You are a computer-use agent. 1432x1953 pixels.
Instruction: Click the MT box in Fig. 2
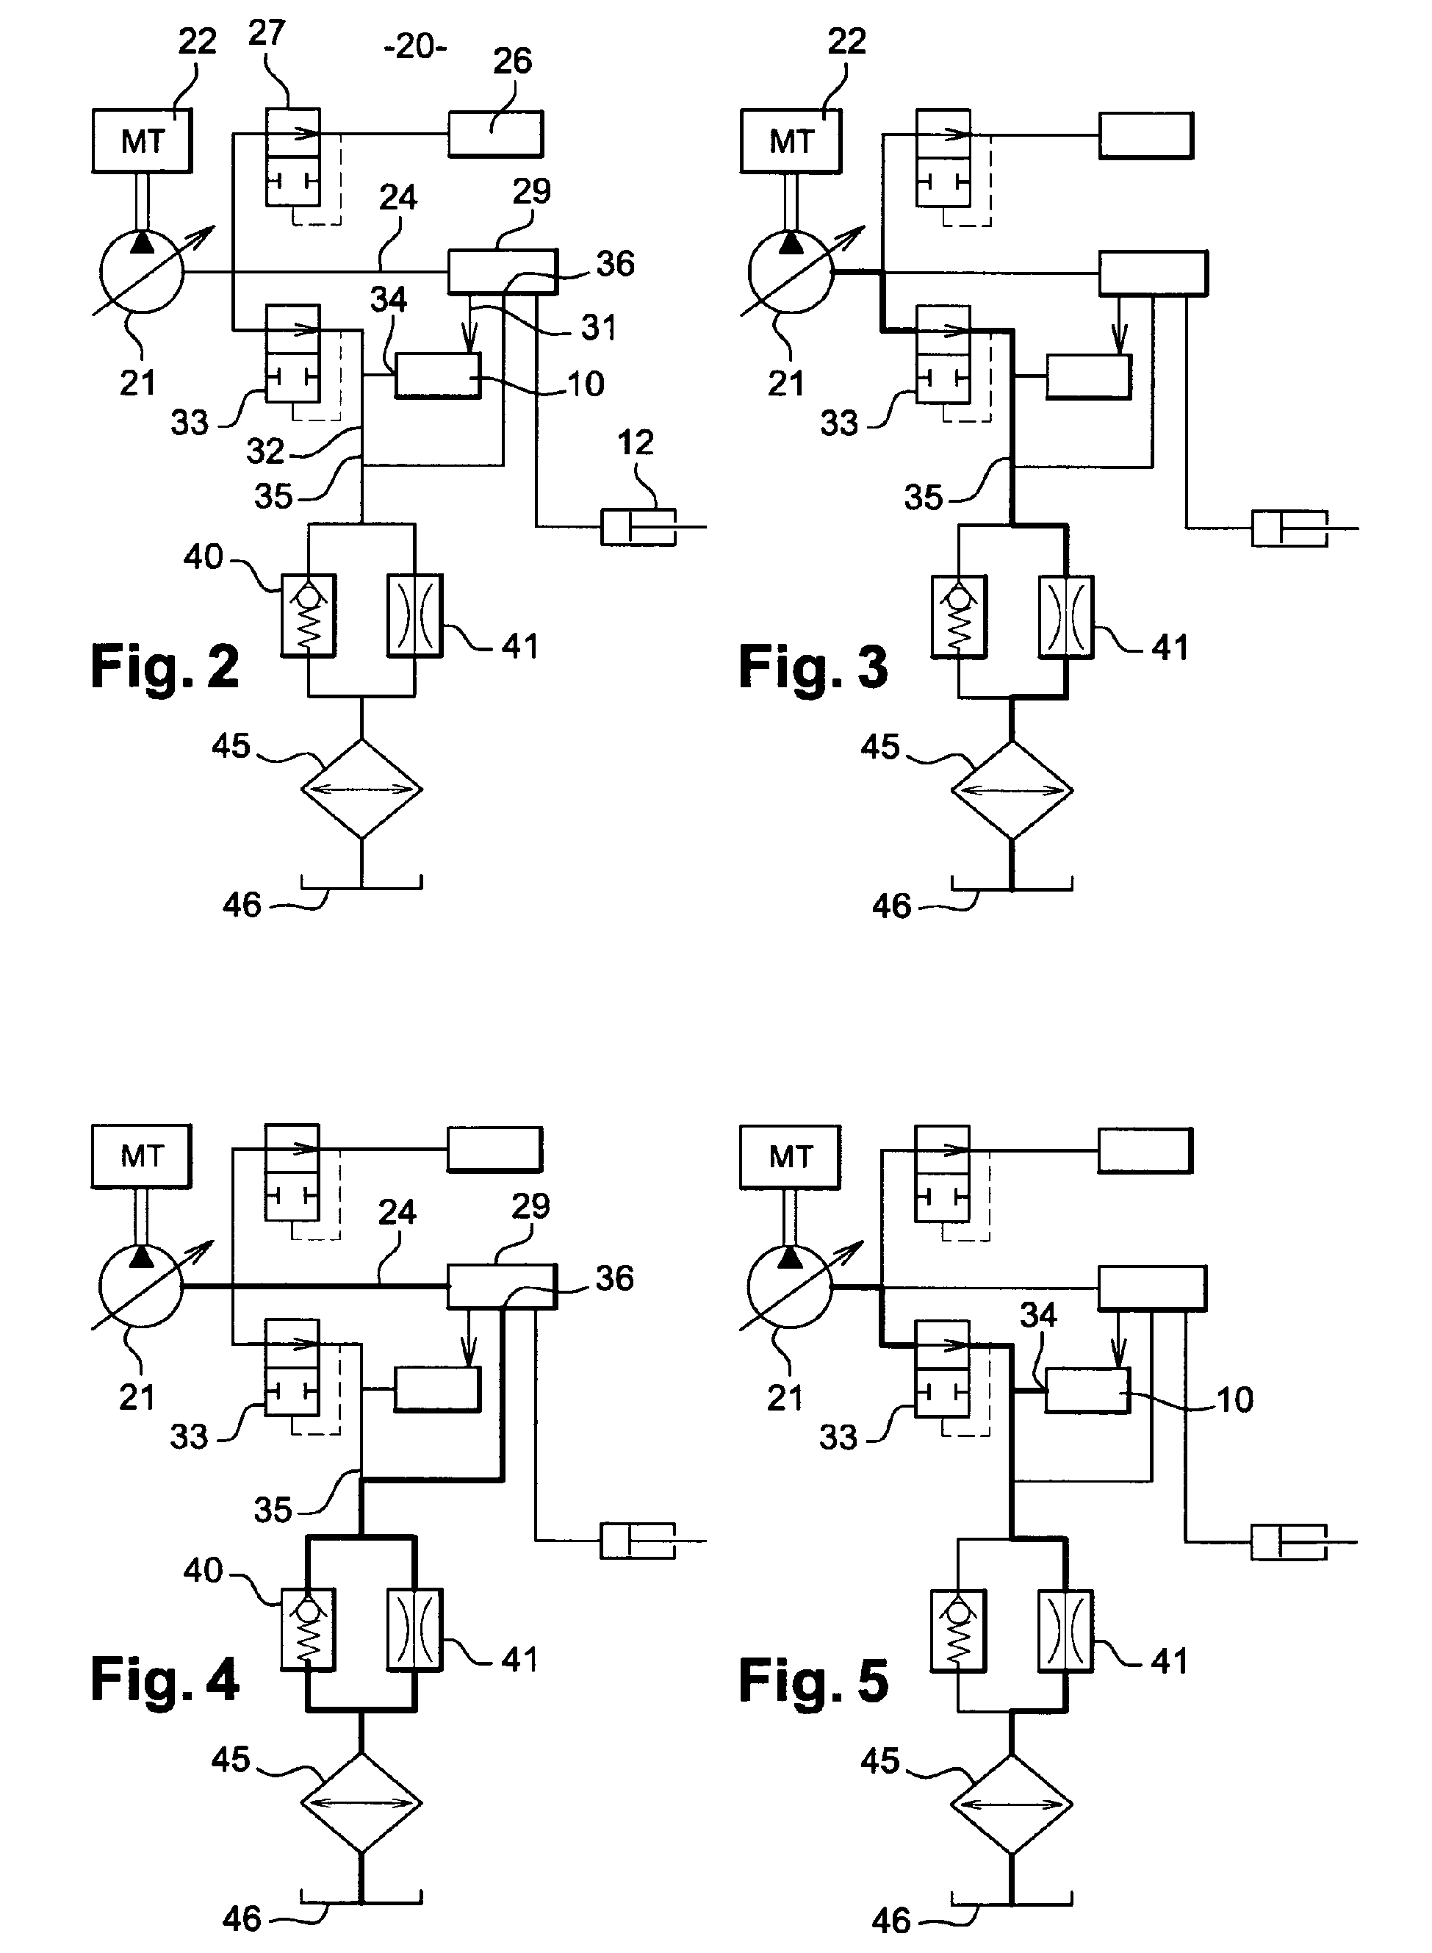(142, 140)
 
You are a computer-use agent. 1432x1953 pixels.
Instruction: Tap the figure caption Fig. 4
(165, 1678)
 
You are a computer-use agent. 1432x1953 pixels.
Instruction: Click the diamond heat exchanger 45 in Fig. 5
(1011, 1804)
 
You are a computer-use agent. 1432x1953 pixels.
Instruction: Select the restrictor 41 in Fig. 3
(1065, 616)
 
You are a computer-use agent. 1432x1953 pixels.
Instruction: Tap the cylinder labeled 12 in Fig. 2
(638, 527)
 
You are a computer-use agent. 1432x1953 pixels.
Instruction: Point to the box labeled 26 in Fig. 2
(496, 135)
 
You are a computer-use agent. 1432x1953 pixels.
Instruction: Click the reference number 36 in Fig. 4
(614, 1278)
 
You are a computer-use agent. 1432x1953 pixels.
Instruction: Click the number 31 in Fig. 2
(599, 328)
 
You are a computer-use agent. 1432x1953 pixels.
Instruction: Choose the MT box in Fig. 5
(790, 1156)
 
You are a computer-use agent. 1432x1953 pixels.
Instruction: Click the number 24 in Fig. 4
(397, 1212)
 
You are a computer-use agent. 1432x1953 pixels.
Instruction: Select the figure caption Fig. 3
(813, 667)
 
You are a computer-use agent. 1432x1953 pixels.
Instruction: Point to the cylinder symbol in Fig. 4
(638, 1541)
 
